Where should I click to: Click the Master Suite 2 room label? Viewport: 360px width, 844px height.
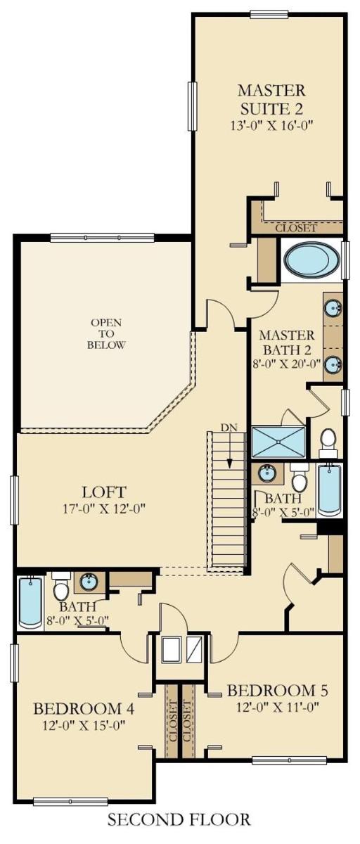tap(271, 99)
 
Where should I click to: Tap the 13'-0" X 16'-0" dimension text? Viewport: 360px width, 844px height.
tap(272, 125)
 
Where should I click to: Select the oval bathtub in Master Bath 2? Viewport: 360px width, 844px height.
tap(311, 260)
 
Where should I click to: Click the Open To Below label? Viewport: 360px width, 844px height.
tap(105, 333)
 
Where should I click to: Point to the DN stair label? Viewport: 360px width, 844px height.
tap(229, 428)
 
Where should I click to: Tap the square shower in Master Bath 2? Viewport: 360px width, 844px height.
tap(278, 442)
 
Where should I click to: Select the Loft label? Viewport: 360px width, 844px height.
tap(103, 492)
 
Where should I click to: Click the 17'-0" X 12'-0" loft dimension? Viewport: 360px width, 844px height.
tap(103, 509)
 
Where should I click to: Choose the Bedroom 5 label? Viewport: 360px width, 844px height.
tap(278, 690)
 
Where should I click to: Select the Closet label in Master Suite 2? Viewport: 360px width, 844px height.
tap(296, 228)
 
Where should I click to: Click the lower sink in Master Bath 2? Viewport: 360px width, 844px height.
tap(333, 364)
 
